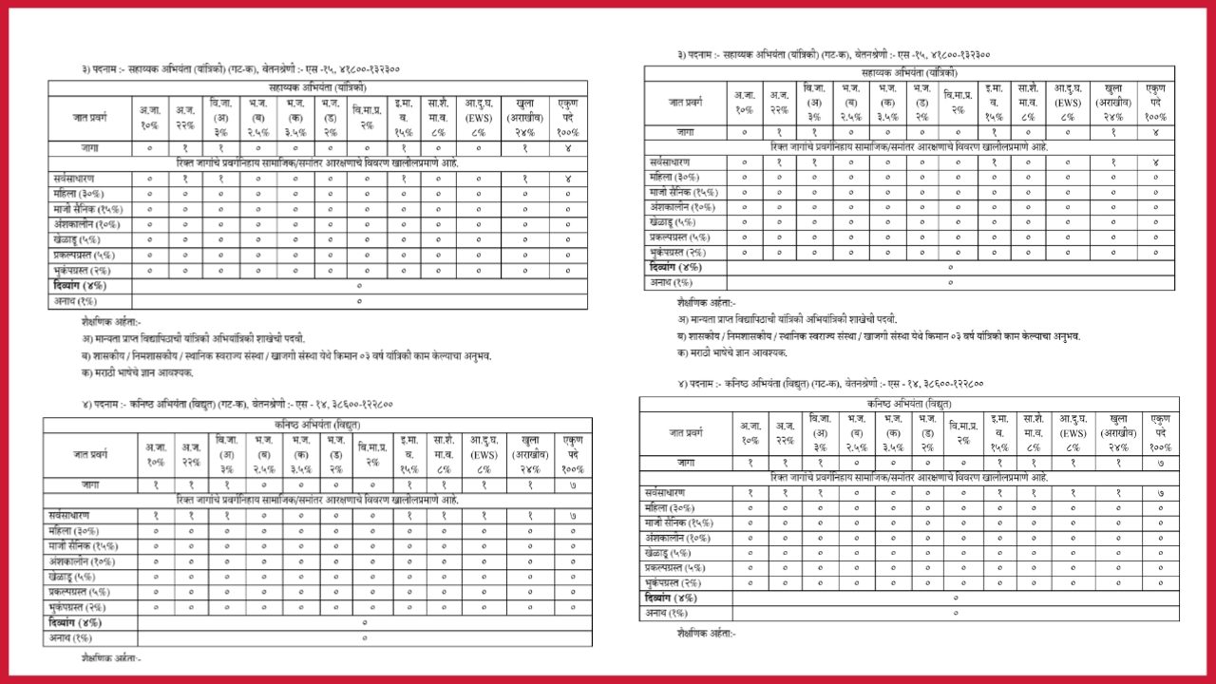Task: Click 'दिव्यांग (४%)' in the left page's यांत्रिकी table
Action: point(81,285)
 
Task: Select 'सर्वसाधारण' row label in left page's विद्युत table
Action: point(75,514)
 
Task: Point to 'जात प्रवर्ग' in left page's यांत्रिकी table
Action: point(91,118)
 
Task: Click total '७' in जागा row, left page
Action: point(572,484)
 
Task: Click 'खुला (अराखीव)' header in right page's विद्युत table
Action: point(1117,432)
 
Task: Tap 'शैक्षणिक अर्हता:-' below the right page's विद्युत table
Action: point(706,633)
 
